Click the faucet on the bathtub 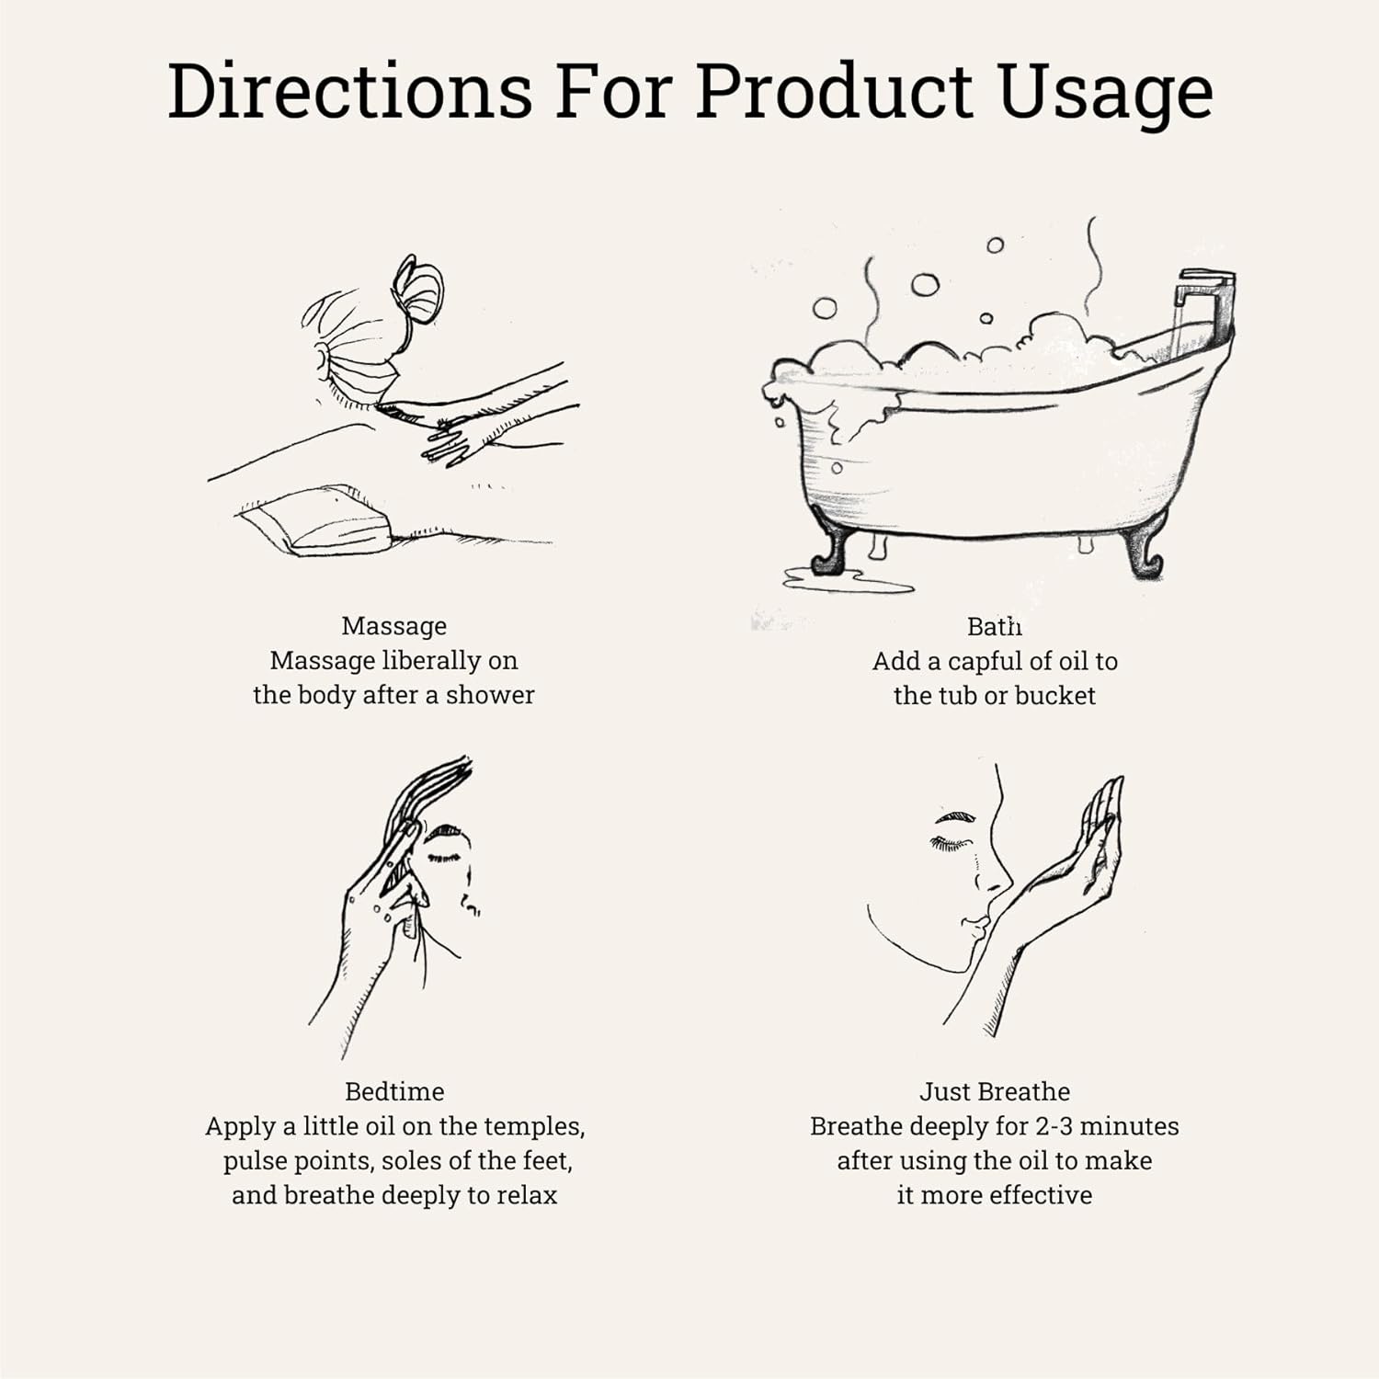1204,308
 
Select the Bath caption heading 995,627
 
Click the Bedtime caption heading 394,1091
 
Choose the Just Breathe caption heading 995,1091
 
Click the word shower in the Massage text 490,695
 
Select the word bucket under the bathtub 1055,695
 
